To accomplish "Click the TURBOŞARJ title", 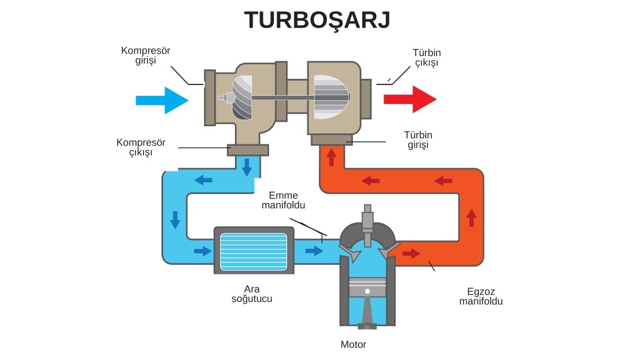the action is [x=317, y=20].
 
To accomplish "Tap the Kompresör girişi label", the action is [x=146, y=55].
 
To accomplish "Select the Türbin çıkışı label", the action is [x=427, y=57].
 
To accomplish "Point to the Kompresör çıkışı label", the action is [x=141, y=148].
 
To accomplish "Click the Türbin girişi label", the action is [x=418, y=139].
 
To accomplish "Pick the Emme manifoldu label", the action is [x=283, y=200].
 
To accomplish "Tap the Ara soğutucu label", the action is [x=252, y=294].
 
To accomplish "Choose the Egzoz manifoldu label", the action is [x=481, y=296].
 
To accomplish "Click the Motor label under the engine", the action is [x=353, y=345].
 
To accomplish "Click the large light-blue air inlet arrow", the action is [x=162, y=100].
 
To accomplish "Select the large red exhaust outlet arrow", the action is [x=410, y=99].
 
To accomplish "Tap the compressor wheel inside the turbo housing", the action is [x=242, y=98].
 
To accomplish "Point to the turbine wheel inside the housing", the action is [x=331, y=97].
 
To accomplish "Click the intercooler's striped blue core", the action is [x=253, y=252].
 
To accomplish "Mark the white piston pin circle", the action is [x=367, y=291].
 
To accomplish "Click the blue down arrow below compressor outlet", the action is [x=247, y=167].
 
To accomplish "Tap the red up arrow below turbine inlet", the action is [x=331, y=157].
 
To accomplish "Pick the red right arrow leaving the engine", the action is [x=411, y=253].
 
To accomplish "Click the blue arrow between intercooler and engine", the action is [x=314, y=251].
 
